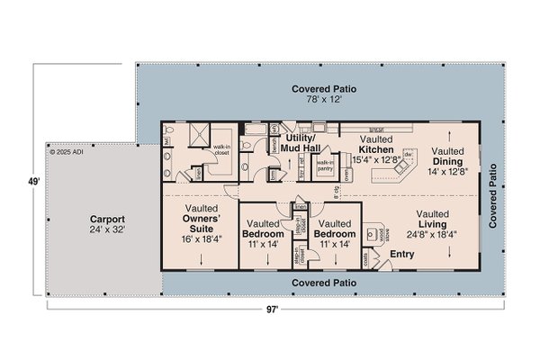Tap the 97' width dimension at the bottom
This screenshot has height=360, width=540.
point(273,309)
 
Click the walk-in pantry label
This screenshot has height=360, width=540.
point(325,165)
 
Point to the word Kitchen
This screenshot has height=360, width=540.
point(376,148)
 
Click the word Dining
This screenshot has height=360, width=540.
point(447,161)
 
